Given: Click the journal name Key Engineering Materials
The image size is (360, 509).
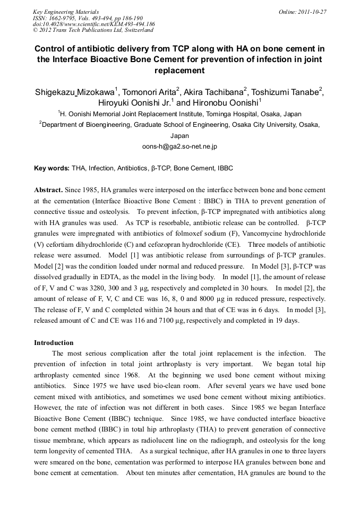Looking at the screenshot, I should pos(65,12).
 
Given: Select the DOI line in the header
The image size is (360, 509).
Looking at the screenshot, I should pos(93,24).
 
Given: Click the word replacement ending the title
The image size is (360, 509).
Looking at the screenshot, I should pos(179,70).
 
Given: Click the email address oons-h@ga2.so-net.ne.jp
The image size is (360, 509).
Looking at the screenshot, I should pos(180,145).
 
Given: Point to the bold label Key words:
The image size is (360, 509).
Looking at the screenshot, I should pos(52,168).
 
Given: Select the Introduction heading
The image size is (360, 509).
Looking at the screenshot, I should pos(54,342).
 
